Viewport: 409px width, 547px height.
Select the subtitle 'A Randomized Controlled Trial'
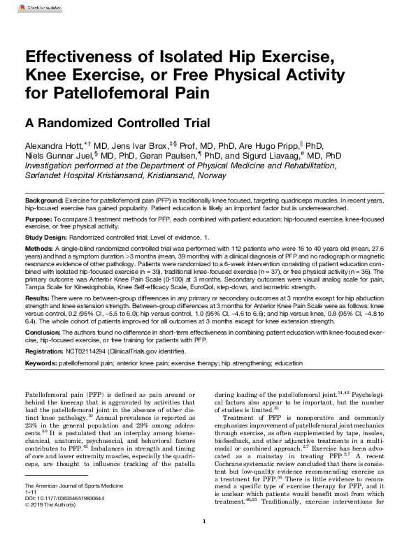tap(117, 123)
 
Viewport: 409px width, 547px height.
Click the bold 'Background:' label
tap(45, 200)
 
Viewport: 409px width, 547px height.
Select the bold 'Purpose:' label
tap(39, 220)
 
